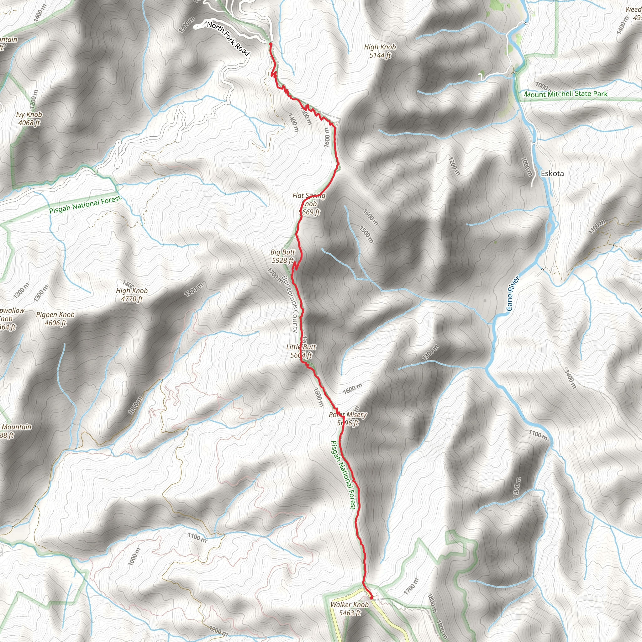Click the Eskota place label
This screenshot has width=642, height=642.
[x=552, y=173]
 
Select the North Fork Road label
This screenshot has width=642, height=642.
[x=228, y=39]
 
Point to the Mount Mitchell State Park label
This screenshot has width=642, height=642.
[x=566, y=94]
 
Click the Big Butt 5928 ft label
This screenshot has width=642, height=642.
[x=282, y=256]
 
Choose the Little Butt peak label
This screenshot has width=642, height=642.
[x=301, y=351]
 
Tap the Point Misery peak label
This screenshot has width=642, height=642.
[x=348, y=419]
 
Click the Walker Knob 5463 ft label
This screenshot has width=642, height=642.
[x=349, y=608]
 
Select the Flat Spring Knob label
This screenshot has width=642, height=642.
[x=309, y=204]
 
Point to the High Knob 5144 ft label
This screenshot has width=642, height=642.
[x=380, y=51]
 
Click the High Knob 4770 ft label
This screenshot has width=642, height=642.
[x=132, y=295]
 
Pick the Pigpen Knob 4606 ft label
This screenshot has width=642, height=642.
[x=55, y=319]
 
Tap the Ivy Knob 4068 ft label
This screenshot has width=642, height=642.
[x=29, y=118]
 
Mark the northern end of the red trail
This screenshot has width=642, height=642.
[x=271, y=44]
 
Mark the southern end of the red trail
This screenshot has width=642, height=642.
[x=371, y=598]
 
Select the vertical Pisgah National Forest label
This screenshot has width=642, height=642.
[x=343, y=475]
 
